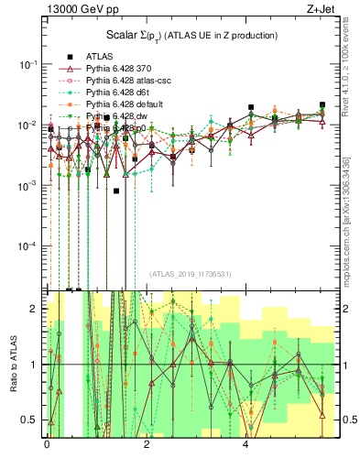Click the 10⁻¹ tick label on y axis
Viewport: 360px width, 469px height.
tap(27, 64)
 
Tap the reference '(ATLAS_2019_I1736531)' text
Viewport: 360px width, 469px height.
tap(190, 274)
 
